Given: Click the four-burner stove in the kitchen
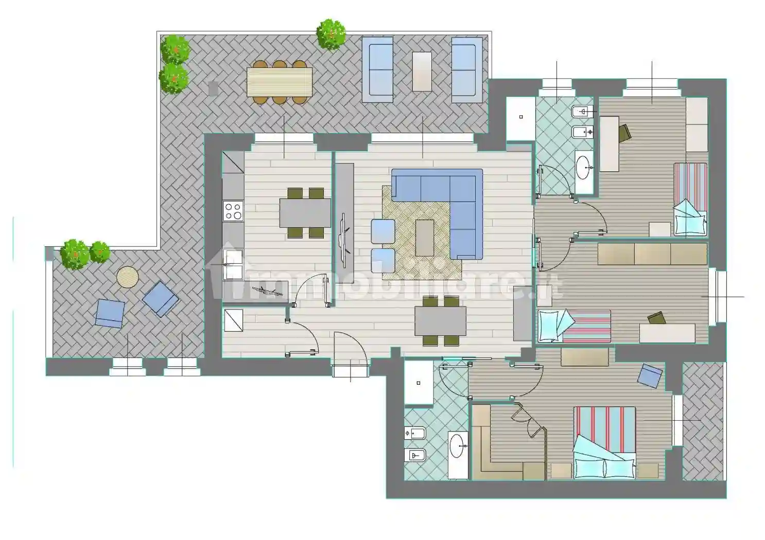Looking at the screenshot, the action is click(233, 211).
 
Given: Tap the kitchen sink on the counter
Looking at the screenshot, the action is click(233, 265).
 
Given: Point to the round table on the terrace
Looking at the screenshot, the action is click(127, 277).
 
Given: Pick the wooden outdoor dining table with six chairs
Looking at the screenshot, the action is click(280, 82).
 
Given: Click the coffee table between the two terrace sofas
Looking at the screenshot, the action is click(422, 71).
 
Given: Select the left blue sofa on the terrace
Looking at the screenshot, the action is click(377, 69).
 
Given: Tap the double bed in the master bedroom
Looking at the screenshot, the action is click(604, 442).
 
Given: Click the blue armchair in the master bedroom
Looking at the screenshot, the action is click(650, 376).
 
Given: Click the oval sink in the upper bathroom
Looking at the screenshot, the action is click(582, 168).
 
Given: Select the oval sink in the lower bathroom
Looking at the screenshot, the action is click(457, 445).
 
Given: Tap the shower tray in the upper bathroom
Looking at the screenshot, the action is click(520, 118).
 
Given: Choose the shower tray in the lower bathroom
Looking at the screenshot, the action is click(419, 383).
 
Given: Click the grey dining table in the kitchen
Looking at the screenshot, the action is click(305, 213).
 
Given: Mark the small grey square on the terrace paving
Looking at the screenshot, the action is click(213, 88).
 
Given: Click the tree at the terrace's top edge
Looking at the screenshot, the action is click(331, 34).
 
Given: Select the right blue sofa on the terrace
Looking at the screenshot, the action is click(467, 69).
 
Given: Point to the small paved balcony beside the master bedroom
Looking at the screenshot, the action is click(703, 421).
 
